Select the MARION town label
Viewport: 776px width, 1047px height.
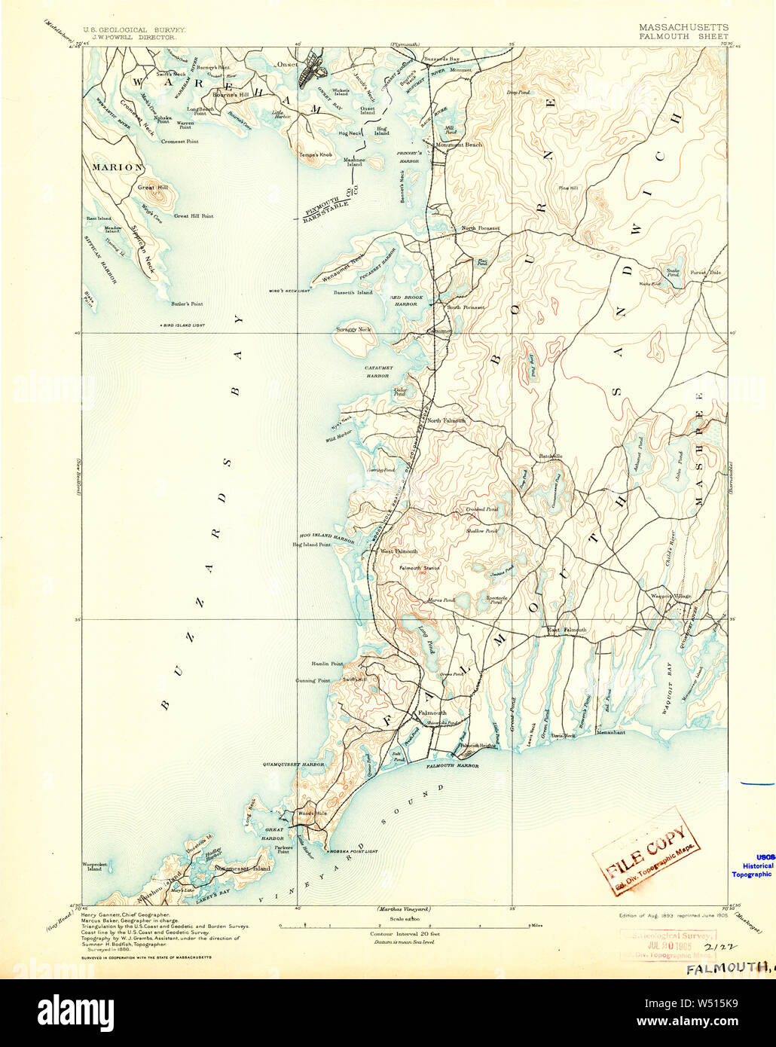(118, 166)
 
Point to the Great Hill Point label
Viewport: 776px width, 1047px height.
(194, 216)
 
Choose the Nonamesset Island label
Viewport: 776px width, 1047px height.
(242, 868)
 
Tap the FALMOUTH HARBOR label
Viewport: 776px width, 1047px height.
(452, 766)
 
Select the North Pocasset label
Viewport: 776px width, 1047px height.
(480, 228)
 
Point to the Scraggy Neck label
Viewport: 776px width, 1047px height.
(353, 329)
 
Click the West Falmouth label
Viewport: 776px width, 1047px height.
(399, 551)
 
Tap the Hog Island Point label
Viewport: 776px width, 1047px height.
(311, 544)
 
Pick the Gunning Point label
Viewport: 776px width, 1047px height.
(312, 680)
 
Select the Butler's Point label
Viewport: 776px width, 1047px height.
(187, 304)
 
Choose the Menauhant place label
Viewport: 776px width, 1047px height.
(610, 732)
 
